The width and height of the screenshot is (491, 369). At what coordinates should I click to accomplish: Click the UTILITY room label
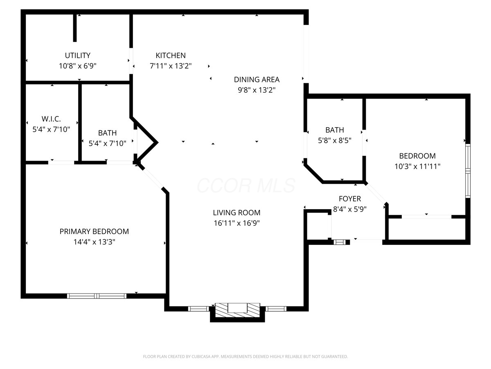(78, 55)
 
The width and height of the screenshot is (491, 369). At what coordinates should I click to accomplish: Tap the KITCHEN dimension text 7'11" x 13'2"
(171, 66)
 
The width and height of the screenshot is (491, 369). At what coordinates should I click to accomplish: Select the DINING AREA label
(257, 80)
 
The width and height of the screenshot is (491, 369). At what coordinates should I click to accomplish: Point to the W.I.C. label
(51, 119)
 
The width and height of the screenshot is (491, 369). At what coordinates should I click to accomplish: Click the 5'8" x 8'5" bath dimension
(335, 141)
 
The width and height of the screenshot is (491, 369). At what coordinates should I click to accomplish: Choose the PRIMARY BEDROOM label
(94, 231)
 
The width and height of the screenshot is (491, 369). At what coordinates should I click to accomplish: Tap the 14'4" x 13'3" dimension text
(94, 242)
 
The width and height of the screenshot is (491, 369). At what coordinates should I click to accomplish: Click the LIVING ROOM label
(236, 213)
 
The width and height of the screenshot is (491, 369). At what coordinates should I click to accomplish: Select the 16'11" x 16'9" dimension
(236, 223)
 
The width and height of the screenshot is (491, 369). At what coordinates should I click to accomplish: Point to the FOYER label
(350, 199)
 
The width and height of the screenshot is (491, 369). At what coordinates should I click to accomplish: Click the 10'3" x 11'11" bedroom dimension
(417, 166)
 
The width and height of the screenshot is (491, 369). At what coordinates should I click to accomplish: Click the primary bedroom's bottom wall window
(97, 296)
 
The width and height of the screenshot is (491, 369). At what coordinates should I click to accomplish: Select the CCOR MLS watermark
(246, 185)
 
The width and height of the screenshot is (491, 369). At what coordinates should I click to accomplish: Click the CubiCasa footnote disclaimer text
(245, 356)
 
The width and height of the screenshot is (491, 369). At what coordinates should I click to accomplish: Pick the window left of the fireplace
(198, 309)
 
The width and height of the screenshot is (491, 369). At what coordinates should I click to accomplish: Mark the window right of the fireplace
(276, 309)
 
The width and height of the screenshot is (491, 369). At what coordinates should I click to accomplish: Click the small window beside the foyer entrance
(340, 242)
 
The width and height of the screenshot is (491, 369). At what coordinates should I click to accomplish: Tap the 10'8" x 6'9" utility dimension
(78, 66)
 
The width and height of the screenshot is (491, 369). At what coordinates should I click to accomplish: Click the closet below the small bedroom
(427, 229)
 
